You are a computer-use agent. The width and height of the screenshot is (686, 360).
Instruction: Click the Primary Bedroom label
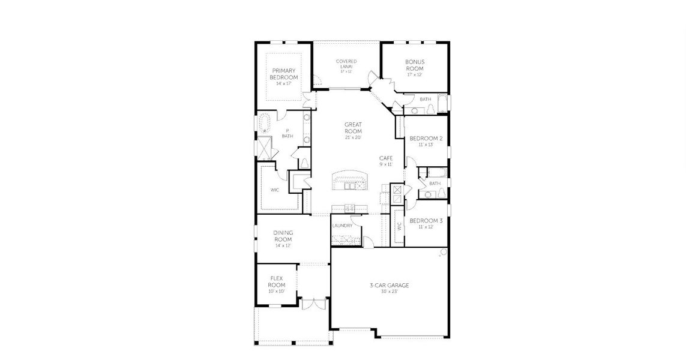(x=283, y=74)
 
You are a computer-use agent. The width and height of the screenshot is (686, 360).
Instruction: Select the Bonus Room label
(x=415, y=65)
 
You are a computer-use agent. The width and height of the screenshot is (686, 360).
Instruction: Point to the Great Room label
(x=353, y=128)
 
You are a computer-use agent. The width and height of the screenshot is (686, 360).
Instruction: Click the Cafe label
(x=385, y=158)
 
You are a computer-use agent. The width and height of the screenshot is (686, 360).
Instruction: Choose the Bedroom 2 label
(x=426, y=139)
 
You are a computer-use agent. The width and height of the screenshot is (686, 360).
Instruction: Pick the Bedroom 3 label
(x=426, y=221)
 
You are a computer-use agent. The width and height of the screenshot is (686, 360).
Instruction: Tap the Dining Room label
(x=283, y=236)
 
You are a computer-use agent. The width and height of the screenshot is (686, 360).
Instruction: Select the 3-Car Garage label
(x=389, y=285)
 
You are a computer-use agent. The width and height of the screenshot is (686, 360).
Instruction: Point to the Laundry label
(x=342, y=226)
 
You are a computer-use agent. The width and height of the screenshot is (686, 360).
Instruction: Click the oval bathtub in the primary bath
(x=264, y=124)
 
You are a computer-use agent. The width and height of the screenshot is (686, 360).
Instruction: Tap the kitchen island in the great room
(x=349, y=180)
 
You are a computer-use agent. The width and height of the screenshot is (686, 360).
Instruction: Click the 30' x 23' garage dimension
(x=389, y=292)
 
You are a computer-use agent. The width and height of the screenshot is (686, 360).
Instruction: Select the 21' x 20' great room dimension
(x=353, y=137)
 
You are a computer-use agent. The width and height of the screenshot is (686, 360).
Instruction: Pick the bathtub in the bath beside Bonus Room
(x=443, y=104)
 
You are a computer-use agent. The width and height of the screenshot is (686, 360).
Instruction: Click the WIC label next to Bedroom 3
(x=398, y=226)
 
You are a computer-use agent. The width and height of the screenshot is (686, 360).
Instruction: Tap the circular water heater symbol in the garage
(x=444, y=251)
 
